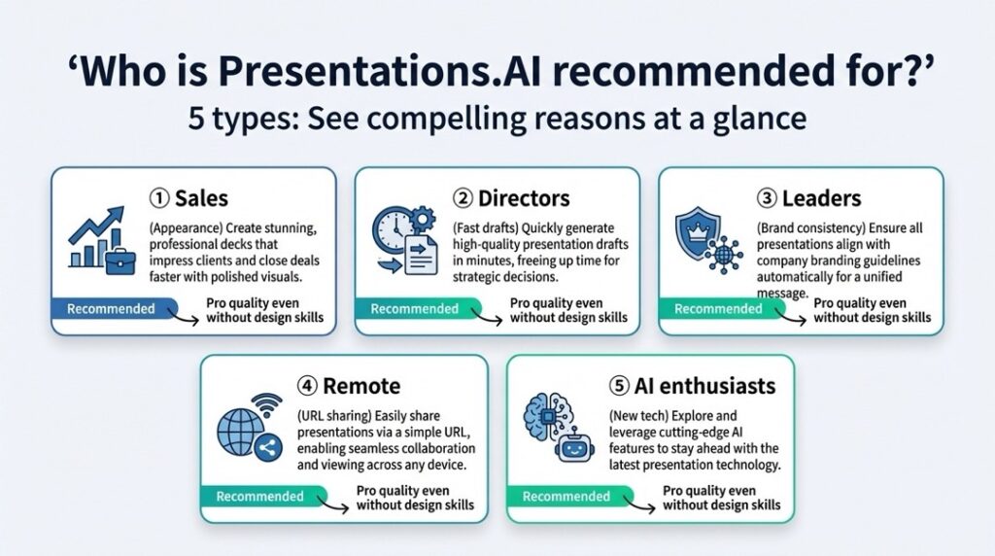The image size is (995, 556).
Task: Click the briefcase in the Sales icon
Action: [120, 261]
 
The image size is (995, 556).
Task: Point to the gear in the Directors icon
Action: [422, 220]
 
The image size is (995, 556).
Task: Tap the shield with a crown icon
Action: [698, 232]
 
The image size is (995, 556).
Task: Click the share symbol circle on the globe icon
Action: [268, 448]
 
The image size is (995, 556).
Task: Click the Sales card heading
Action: [189, 198]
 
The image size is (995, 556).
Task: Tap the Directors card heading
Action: [511, 198]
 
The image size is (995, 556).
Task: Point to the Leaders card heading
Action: [808, 198]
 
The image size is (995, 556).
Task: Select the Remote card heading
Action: [349, 386]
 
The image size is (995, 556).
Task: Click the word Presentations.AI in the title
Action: [380, 71]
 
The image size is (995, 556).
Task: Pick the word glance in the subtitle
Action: [760, 120]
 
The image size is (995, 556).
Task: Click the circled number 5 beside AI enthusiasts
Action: [619, 386]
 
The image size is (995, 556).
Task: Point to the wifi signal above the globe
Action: [267, 405]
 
